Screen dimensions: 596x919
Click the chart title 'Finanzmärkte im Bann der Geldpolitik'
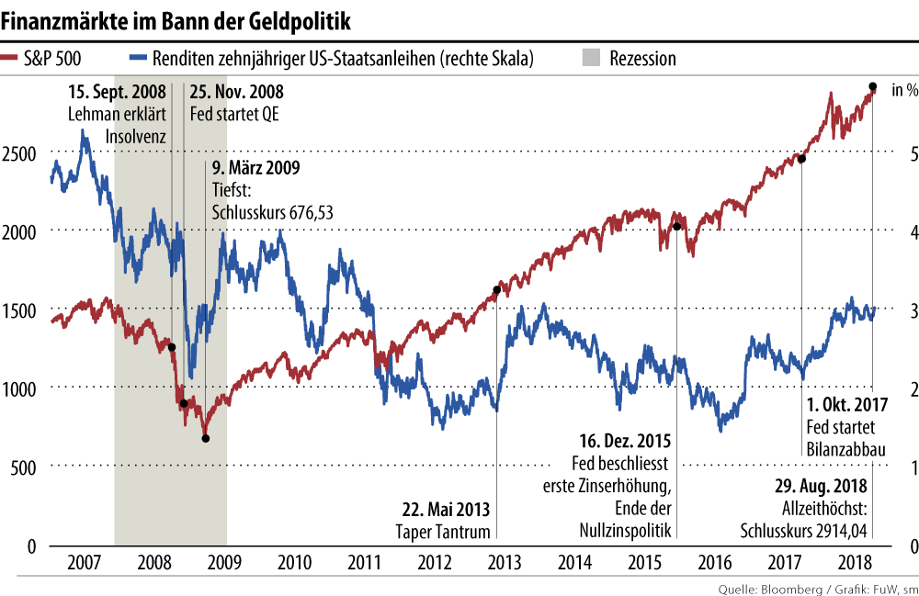coord(179,19)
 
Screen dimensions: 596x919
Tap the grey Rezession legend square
coord(592,59)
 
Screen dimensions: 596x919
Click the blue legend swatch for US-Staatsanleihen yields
coord(140,59)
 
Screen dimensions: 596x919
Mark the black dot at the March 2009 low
coord(205,438)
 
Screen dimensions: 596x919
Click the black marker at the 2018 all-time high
coord(872,87)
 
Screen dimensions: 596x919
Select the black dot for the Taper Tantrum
coord(496,290)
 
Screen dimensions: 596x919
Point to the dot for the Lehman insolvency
coord(172,347)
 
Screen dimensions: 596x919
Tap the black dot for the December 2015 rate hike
coord(675,227)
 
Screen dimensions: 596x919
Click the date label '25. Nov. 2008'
coord(236,92)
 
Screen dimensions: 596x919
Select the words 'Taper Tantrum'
coord(443,532)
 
